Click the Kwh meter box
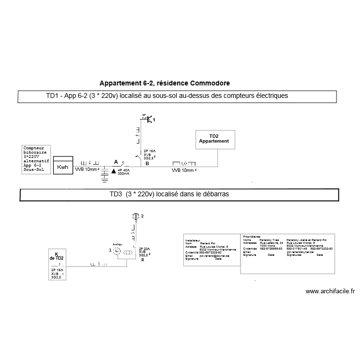[62, 167]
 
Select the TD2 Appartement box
[214, 139]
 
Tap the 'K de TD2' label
[56, 257]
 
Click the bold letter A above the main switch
[115, 162]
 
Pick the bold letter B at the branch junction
[147, 164]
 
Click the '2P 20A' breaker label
[144, 249]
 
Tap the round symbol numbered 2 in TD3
[136, 217]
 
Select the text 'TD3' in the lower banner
[116, 194]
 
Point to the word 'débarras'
[216, 194]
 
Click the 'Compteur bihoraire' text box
[36, 159]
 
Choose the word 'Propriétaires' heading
[252, 237]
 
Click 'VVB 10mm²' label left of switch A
[87, 169]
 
